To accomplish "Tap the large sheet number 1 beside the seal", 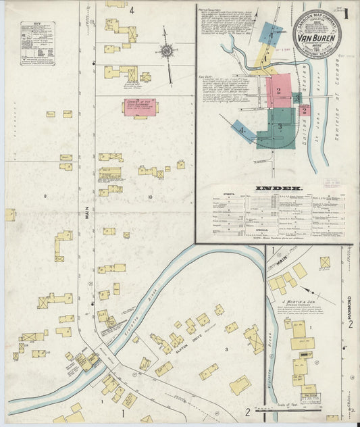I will [346, 15].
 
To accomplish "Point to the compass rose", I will [166, 51].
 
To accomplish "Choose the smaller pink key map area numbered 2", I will [305, 110].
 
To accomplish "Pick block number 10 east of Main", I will [151, 197].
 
